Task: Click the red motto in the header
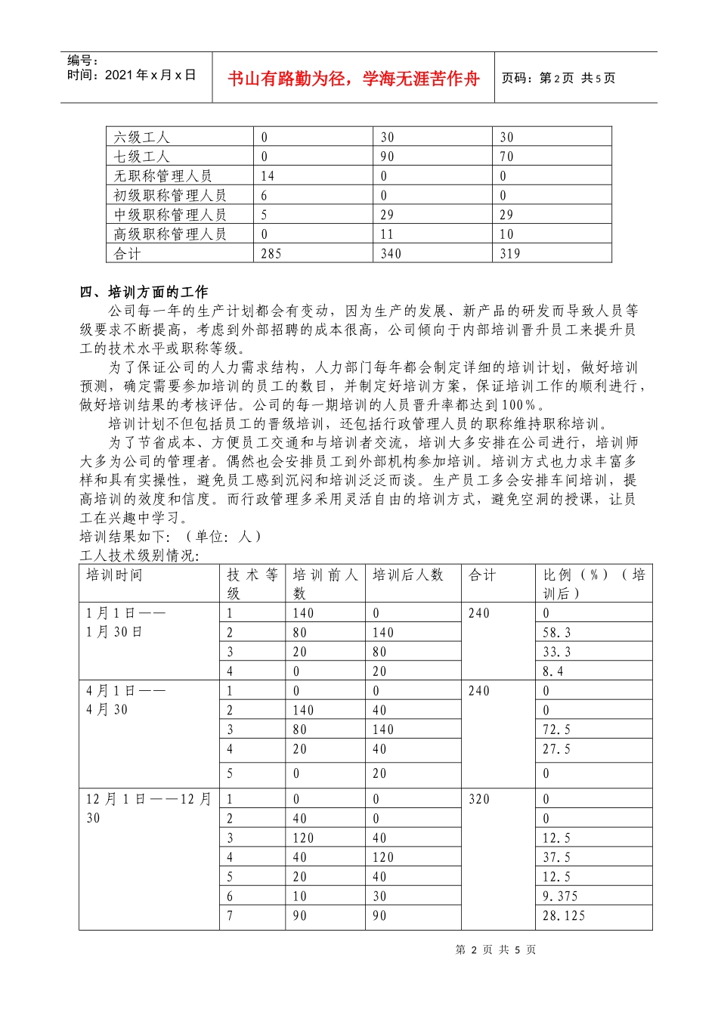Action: pos(353,79)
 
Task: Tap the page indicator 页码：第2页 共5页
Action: pos(559,78)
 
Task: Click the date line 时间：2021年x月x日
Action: pos(132,75)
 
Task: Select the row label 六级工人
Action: pos(141,137)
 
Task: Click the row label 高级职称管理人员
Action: pos(170,234)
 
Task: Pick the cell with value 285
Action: pos(271,254)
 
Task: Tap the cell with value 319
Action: pos(510,254)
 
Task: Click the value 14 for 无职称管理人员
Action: pos(268,176)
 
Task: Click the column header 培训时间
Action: pos(114,575)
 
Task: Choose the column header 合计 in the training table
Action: pos(482,575)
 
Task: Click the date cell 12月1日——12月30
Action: pos(148,808)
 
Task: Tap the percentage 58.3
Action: pos(557,633)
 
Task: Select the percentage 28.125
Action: pos(564,915)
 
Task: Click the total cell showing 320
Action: pos(479,799)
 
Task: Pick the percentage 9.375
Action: pos(560,897)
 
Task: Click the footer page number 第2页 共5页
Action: pos(496,950)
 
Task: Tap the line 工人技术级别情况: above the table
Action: pos(139,556)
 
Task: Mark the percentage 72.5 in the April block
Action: pos(557,729)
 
